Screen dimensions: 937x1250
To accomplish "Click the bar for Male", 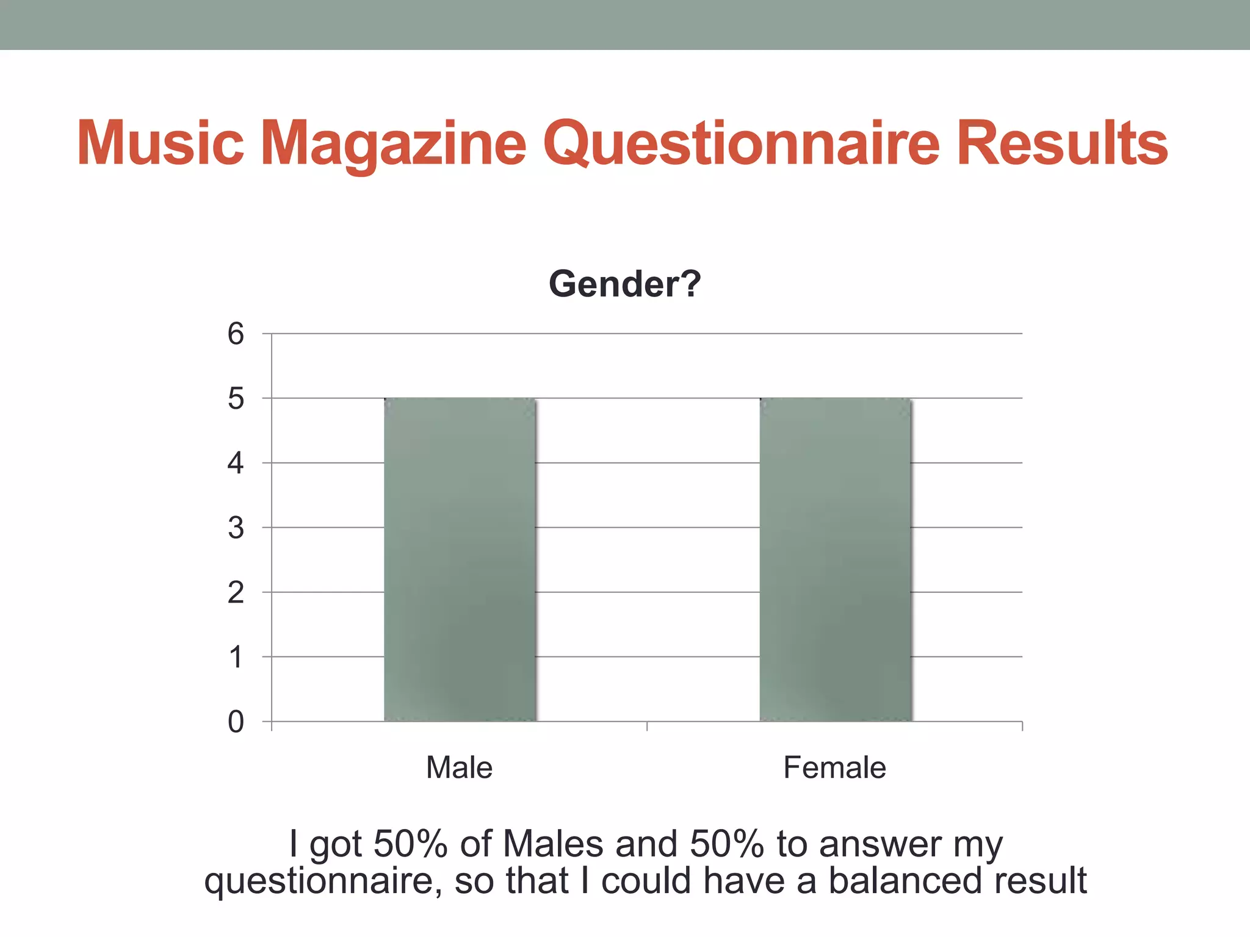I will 460,559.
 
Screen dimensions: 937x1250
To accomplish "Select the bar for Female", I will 835,559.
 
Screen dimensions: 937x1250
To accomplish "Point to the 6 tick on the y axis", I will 236,334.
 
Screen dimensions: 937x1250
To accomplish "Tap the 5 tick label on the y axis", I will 236,399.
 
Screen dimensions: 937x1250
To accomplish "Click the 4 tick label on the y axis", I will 236,464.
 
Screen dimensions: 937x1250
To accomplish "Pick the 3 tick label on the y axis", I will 236,528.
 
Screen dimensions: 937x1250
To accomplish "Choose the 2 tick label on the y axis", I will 236,592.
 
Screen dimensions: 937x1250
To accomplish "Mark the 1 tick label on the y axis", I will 236,658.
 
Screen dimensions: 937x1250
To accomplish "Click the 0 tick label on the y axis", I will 236,722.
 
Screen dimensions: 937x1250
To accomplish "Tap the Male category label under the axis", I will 459,767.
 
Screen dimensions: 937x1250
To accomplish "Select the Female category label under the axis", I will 834,767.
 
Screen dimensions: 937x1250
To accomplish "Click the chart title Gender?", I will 624,284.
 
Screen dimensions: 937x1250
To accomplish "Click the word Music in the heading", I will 161,143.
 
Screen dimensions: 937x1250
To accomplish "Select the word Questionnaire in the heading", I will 740,143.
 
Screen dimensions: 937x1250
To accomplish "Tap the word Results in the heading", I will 1062,143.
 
